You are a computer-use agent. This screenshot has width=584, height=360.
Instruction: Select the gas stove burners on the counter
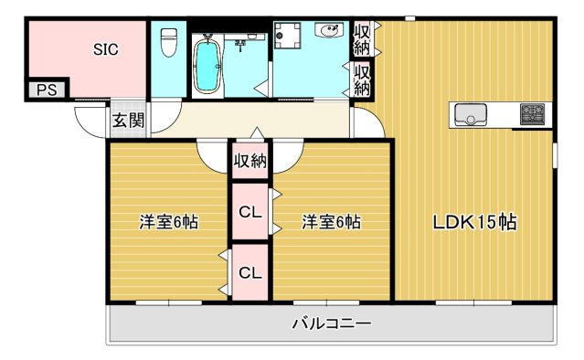532,114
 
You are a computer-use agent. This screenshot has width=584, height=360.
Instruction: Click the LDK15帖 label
475,222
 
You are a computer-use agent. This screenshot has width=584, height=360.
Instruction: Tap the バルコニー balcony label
331,323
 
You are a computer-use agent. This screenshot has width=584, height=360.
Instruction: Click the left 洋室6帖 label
169,222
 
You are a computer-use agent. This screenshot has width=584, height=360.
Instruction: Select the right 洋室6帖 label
331,222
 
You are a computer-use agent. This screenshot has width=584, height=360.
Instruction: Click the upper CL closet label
250,212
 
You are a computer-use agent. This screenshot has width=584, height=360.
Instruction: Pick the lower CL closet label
250,272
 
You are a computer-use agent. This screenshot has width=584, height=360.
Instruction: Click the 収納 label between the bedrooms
250,163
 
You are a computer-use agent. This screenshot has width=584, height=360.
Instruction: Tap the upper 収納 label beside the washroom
362,38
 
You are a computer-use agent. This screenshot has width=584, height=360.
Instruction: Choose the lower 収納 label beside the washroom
362,79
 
